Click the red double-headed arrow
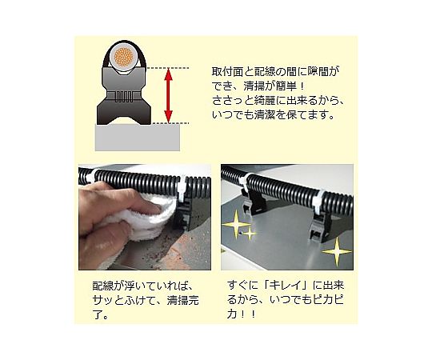click(x=168, y=95)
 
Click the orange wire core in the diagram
click(x=124, y=58)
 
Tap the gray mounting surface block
click(x=138, y=138)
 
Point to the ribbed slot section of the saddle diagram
click(x=123, y=97)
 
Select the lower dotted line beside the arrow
click(x=170, y=123)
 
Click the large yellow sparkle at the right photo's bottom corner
click(x=337, y=251)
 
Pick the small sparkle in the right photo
click(x=250, y=234)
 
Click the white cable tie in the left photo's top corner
click(x=90, y=175)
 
